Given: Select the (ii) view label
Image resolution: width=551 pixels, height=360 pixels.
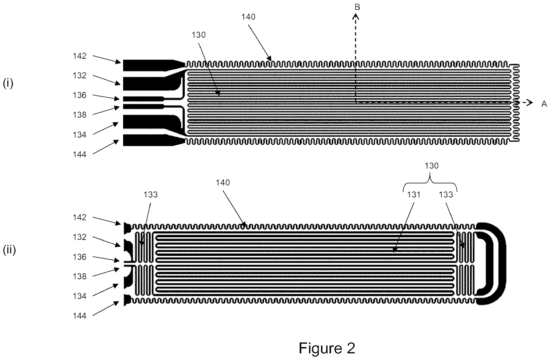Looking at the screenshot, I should (9, 250).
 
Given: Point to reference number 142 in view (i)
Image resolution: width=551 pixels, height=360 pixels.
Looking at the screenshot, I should (80, 56).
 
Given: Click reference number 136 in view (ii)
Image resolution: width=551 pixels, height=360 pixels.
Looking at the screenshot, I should (80, 257).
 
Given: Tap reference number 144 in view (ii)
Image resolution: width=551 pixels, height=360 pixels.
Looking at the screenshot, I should (80, 316).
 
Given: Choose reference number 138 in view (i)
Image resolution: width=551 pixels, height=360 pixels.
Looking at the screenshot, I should (80, 115).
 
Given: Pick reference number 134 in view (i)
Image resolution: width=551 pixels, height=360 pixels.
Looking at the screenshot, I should (80, 135).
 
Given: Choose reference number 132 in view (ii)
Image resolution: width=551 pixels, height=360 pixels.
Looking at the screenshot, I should (80, 237).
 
